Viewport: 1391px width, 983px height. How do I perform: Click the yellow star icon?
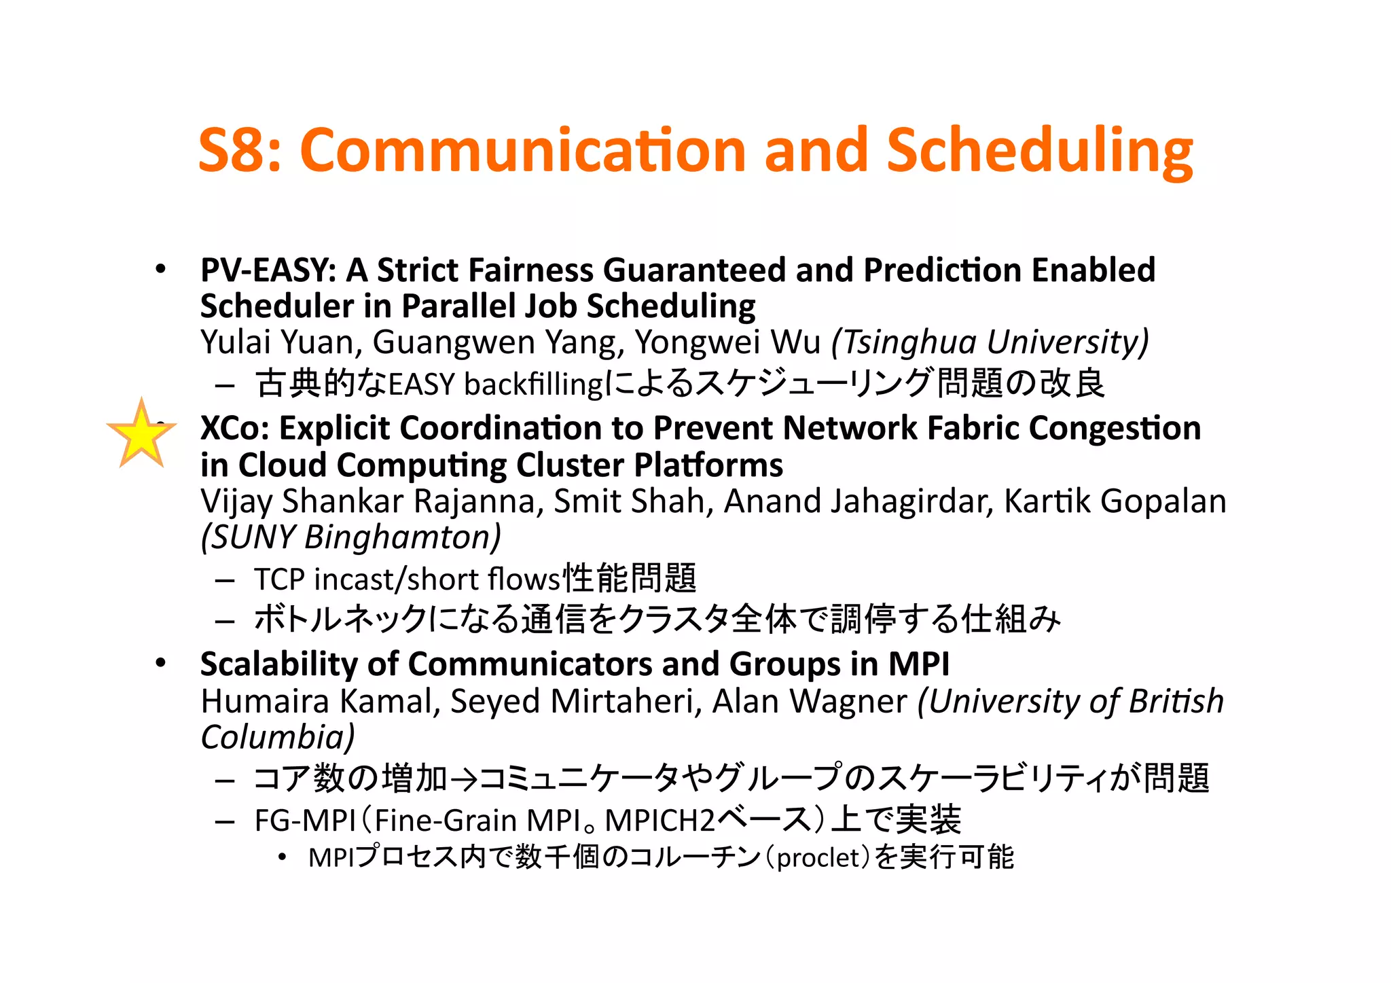pyautogui.click(x=141, y=435)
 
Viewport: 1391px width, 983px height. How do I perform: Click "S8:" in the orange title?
pyautogui.click(x=239, y=151)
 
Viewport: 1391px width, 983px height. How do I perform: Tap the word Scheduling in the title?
pyautogui.click(x=1039, y=151)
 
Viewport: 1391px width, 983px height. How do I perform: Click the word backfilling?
pyautogui.click(x=533, y=385)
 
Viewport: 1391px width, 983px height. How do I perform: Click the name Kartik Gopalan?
pyautogui.click(x=1115, y=501)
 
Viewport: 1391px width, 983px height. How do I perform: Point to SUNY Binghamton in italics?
pyautogui.click(x=351, y=537)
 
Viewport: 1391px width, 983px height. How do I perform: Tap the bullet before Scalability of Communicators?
pyautogui.click(x=160, y=663)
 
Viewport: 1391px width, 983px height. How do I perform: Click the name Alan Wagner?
pyautogui.click(x=810, y=701)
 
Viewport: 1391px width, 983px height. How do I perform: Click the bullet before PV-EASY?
pyautogui.click(x=160, y=270)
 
